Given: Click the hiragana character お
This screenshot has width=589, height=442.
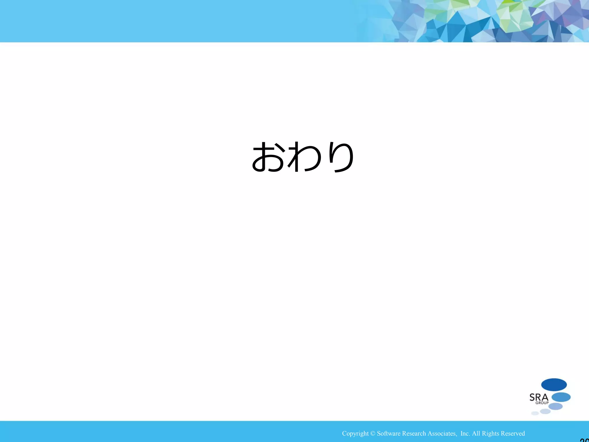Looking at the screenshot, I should click(268, 157).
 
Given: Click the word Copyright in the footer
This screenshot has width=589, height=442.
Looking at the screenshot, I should click(355, 434).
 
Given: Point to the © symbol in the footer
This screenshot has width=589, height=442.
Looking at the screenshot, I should click(373, 434).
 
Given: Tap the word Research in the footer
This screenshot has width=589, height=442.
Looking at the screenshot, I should click(414, 434).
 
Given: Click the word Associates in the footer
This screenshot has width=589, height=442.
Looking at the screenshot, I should click(442, 434).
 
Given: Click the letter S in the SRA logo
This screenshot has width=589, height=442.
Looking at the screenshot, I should click(532, 398).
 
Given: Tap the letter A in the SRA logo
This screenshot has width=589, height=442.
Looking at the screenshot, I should click(545, 398).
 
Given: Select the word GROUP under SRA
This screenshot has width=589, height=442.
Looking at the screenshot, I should click(542, 403).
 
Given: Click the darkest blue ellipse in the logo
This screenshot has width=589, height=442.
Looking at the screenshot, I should click(554, 385).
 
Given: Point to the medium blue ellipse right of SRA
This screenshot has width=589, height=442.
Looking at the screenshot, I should click(561, 397).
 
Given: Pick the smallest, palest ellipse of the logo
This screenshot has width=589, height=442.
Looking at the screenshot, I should click(535, 414).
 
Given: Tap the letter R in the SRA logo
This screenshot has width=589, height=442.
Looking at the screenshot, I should click(538, 398).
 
